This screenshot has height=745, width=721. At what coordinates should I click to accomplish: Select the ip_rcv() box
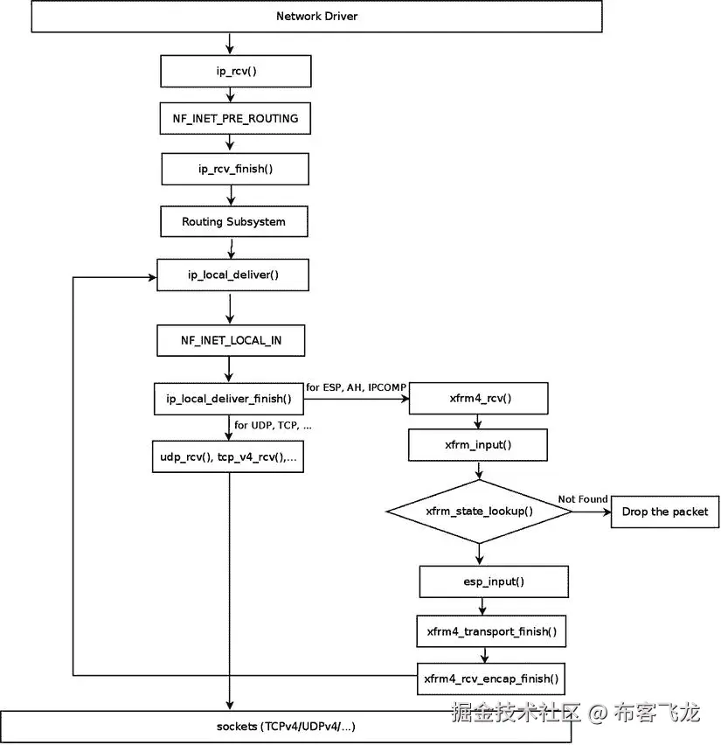234,71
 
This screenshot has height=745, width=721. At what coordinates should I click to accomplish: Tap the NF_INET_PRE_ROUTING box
234,118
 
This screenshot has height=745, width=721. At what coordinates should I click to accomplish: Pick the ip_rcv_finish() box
235,169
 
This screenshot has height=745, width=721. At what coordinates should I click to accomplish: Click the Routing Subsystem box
233,221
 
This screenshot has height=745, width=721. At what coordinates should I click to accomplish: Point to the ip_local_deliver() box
232,275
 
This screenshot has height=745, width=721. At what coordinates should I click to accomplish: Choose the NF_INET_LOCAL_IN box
232,340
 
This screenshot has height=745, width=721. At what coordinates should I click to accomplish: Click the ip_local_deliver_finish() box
228,399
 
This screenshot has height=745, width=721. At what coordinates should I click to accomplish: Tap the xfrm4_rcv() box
478,399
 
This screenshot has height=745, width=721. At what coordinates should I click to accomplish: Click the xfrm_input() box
478,445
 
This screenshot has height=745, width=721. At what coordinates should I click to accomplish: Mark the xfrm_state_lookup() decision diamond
479,512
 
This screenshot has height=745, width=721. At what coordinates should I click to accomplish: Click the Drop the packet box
665,512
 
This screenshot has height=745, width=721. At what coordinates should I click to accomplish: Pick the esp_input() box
494,581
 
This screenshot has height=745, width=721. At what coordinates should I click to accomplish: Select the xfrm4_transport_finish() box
491,630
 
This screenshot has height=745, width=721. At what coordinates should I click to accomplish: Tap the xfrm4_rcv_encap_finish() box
491,678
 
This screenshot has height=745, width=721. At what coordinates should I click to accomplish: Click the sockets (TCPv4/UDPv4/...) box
286,727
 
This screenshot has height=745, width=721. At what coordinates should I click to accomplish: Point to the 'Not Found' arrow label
583,499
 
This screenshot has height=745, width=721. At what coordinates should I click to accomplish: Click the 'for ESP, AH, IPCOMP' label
357,387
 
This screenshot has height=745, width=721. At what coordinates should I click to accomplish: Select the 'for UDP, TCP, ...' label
273,426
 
